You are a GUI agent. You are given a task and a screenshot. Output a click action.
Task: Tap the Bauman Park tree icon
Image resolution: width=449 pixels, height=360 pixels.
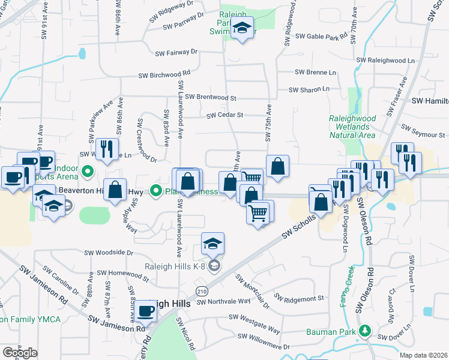click(x=364, y=331)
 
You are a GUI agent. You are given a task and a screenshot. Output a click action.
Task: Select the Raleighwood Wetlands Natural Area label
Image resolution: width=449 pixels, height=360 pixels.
click(x=352, y=127)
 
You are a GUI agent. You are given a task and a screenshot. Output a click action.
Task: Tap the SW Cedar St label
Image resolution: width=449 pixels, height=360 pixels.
click(x=224, y=115)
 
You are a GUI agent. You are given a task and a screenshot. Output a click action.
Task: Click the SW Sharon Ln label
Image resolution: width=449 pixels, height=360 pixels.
click(x=309, y=89)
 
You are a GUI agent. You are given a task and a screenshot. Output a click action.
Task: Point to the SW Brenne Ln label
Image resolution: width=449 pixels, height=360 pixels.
click(x=316, y=72)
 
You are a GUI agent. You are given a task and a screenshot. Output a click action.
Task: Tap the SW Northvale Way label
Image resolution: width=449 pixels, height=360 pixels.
click(x=223, y=301)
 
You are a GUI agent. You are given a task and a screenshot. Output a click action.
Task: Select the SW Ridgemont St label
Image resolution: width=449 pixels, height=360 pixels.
click(x=299, y=297)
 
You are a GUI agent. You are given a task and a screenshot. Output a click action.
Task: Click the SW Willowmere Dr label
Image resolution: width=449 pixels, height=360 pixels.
click(x=264, y=347)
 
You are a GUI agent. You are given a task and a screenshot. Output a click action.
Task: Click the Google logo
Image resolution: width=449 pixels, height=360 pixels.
click(x=20, y=352)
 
